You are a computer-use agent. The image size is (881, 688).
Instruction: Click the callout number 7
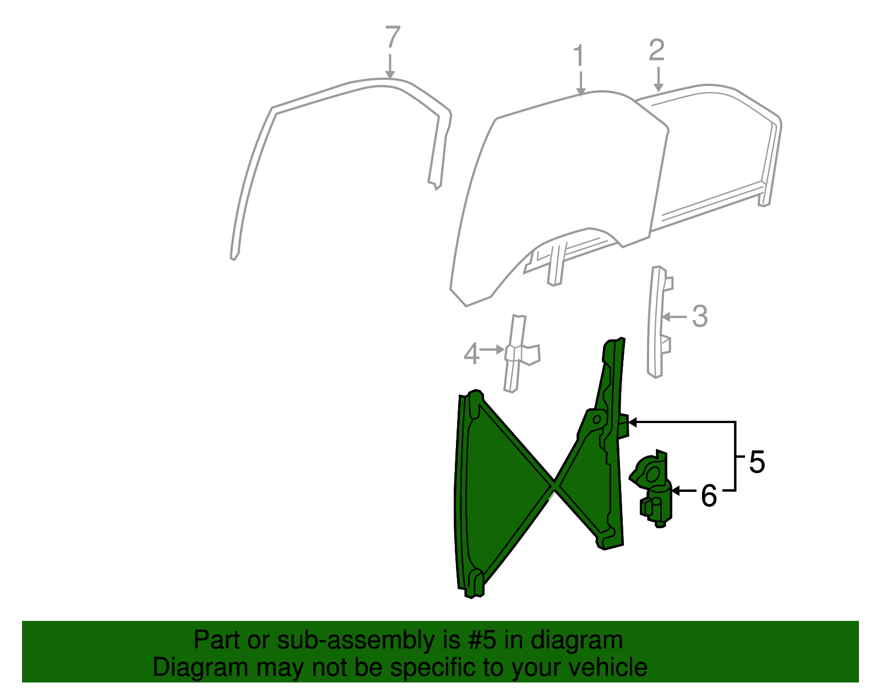coord(392,38)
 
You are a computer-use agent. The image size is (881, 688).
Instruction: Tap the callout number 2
coord(657,51)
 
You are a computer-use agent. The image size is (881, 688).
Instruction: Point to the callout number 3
coord(699,317)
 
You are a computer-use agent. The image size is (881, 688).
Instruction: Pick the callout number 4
coord(471,354)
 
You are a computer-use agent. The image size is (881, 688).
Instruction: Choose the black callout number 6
coord(709,496)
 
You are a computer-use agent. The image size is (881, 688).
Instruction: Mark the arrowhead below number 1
coord(580,91)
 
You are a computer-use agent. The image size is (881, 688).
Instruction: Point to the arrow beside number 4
coord(498,349)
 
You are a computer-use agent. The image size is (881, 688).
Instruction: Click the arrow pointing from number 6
coord(677,490)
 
